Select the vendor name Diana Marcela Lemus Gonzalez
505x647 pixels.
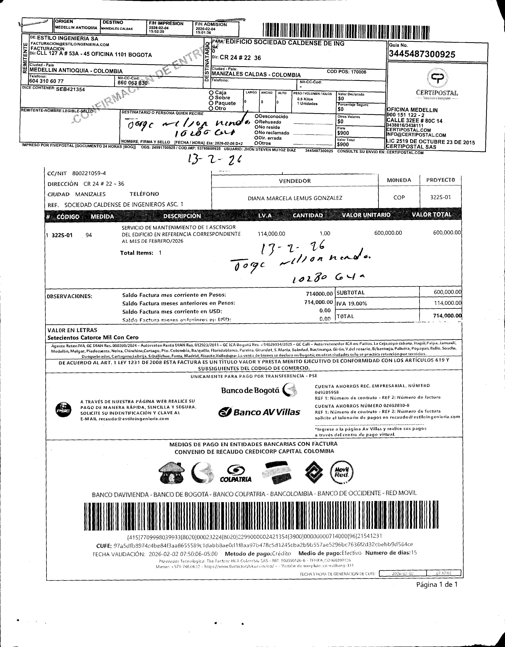click(x=295, y=198)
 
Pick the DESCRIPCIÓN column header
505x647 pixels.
click(x=182, y=216)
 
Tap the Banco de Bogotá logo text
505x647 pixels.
click(x=250, y=390)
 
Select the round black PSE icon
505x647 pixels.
click(x=63, y=410)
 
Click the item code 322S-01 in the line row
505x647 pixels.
click(x=62, y=236)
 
